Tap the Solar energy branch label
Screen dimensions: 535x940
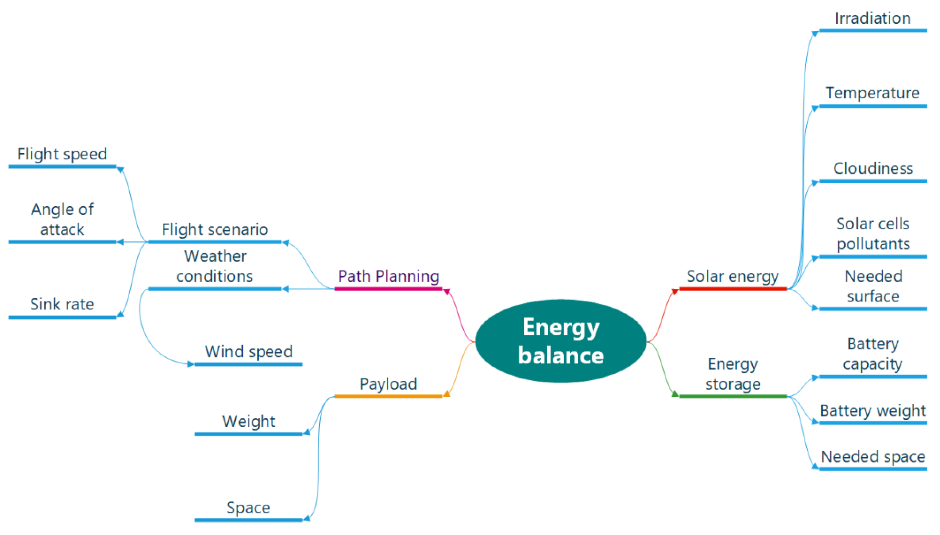[x=732, y=276]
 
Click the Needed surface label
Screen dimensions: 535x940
[x=873, y=286]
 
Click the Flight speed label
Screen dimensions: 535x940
[x=62, y=154]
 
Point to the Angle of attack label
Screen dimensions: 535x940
[x=62, y=219]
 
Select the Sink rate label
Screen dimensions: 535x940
[x=62, y=304]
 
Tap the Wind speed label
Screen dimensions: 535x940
[x=249, y=352]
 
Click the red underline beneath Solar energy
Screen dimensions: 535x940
[x=732, y=289]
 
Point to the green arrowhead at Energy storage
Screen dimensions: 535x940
[x=675, y=394]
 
